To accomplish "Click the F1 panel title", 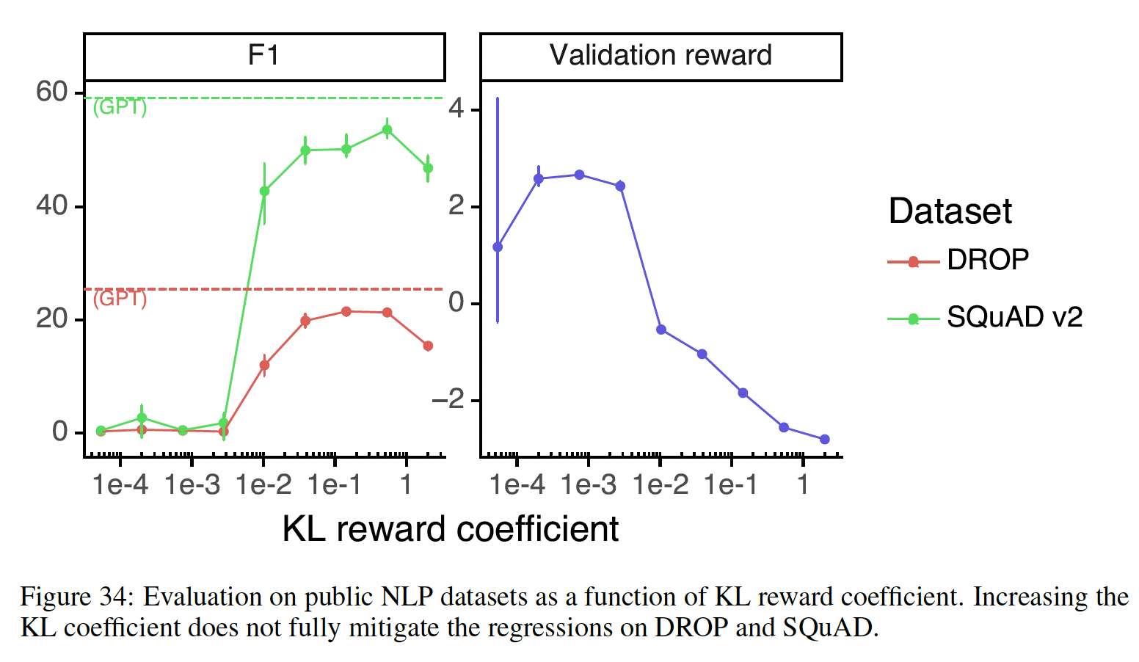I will (263, 56).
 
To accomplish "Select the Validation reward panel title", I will (661, 56).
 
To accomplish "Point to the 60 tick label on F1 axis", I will (51, 92).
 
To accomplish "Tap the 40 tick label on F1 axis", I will (51, 205).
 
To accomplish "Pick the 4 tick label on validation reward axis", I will (456, 110).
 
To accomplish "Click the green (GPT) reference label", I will (120, 107).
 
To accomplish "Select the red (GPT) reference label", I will (120, 299).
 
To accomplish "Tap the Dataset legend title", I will (950, 211).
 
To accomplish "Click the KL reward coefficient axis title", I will (450, 529).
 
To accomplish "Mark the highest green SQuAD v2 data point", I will (387, 130).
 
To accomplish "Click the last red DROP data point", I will (428, 346).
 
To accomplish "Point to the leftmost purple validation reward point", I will (498, 247).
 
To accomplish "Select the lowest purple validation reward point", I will (825, 440).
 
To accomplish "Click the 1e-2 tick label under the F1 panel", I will (263, 485).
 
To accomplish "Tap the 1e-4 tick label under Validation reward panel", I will (517, 485).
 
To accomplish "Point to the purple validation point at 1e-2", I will (661, 330).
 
